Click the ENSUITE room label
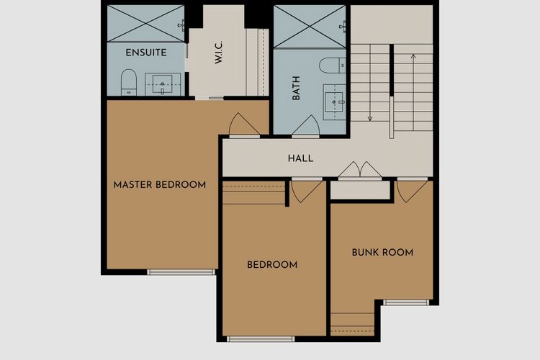pos(146,53)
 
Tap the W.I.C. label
pos(219,53)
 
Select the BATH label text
pos(296,88)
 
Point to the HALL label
pos(301,158)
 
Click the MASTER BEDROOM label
pos(160,184)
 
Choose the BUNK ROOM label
pos(382,253)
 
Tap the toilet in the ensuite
pos(129,82)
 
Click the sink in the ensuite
pos(163,84)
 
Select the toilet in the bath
pos(333,66)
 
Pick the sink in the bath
pos(334,102)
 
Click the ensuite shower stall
pos(145,24)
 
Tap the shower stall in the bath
pos(310,27)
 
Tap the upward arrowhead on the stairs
pos(413,56)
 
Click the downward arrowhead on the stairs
pos(370,119)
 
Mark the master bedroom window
pos(181,272)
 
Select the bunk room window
pos(406,302)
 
